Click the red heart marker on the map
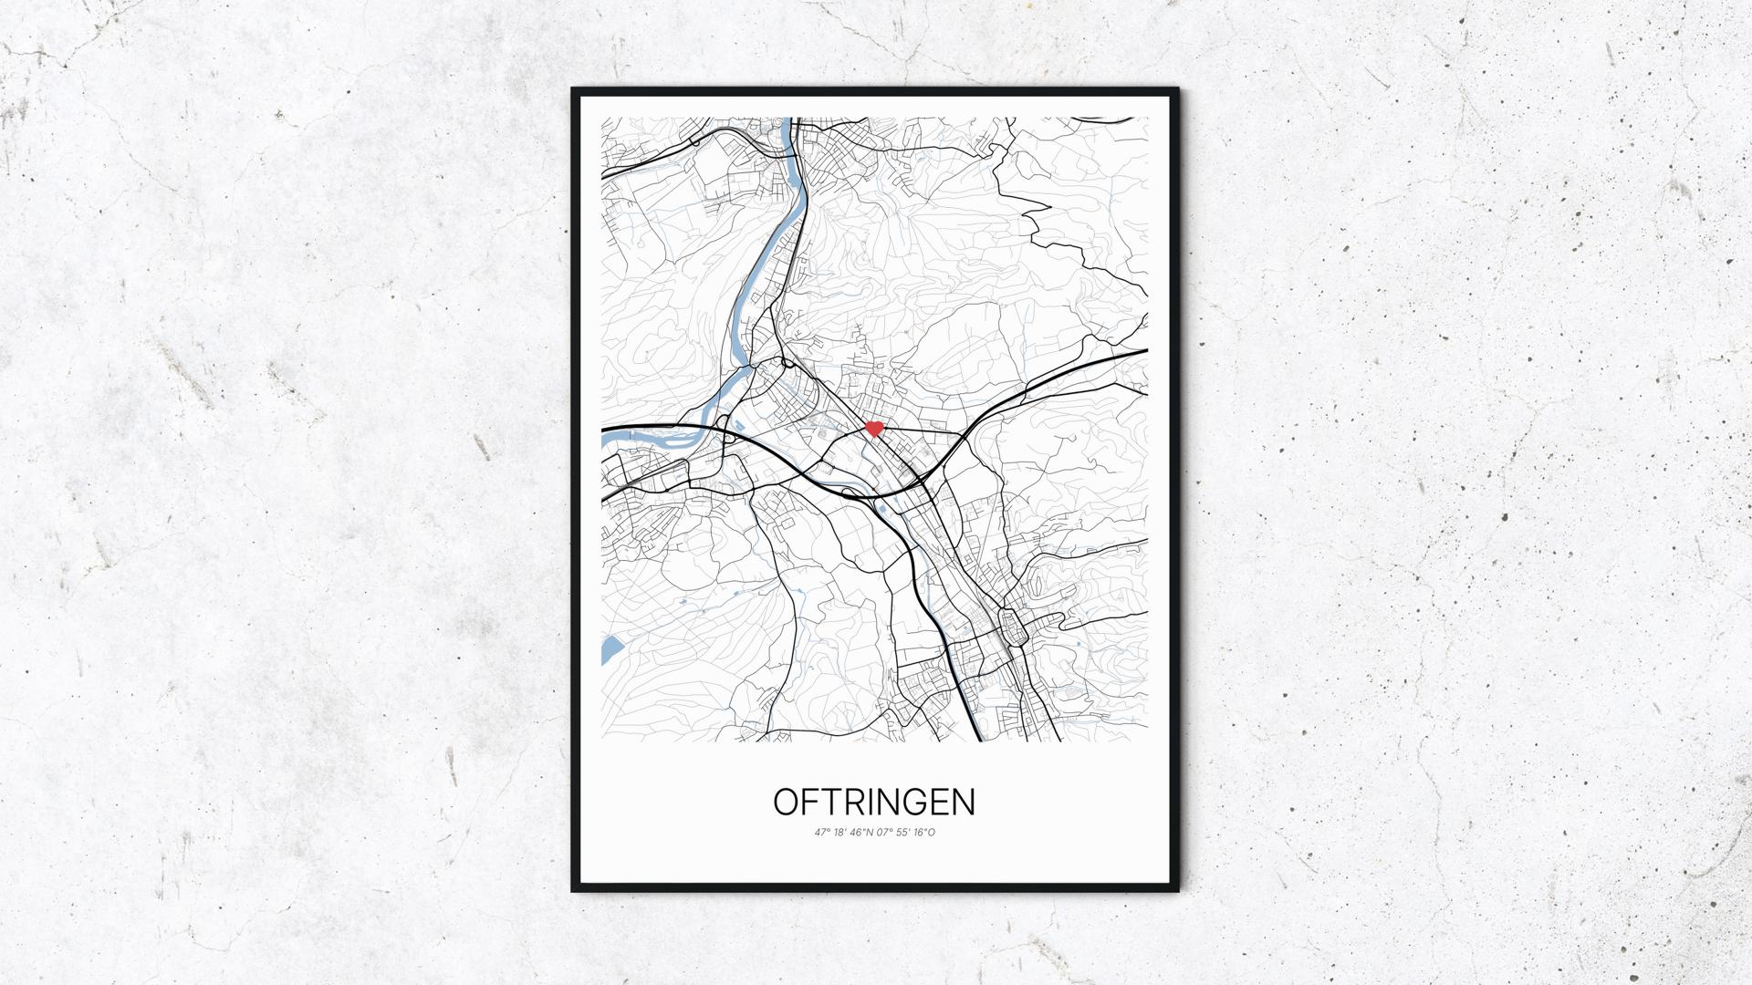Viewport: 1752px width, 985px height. pos(873,428)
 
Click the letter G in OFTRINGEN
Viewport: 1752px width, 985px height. pos(915,802)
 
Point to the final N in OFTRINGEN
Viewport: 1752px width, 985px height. pos(965,802)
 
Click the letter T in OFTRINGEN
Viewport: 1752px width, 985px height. pos(832,802)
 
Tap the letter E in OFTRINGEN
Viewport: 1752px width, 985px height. pos(939,802)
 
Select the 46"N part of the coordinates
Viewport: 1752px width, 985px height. pos(861,833)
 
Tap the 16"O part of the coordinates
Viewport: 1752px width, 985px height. pos(924,833)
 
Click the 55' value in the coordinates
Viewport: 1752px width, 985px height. pos(902,833)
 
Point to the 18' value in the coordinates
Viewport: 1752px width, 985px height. pos(839,833)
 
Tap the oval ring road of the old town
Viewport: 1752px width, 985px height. pos(1013,627)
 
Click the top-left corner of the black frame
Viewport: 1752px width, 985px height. pos(574,90)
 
